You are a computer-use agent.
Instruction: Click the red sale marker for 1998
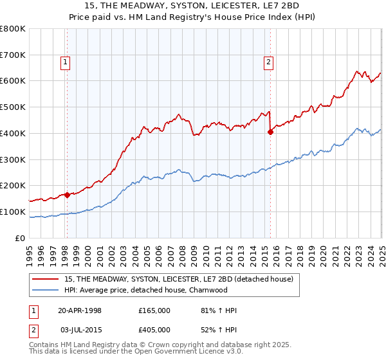[x=67, y=195]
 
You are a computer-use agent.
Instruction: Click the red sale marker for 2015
[x=270, y=132]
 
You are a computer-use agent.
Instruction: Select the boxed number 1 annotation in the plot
[x=66, y=62]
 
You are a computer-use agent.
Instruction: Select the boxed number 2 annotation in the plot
[x=268, y=62]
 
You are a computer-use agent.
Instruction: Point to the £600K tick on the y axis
[x=14, y=81]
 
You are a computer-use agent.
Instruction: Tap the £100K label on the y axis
[x=14, y=212]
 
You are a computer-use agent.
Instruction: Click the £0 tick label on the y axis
[x=21, y=238]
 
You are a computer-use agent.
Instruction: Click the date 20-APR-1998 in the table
[x=80, y=310]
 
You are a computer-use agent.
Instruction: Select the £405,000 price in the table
[x=154, y=330]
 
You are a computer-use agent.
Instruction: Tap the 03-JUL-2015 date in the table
[x=80, y=330]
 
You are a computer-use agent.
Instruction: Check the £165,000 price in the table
[x=154, y=310]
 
